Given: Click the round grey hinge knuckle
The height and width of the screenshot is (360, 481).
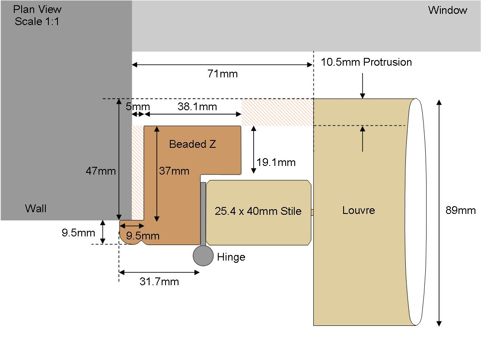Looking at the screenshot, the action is [203, 255].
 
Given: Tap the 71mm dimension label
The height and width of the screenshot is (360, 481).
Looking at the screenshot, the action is [223, 74].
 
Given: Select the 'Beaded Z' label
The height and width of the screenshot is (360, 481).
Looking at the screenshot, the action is [192, 144].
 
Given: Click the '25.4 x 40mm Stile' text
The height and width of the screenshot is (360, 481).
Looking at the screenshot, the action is [258, 211].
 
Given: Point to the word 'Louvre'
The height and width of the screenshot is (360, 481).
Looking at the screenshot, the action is [359, 210].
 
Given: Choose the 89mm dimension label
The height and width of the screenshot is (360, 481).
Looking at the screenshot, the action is [460, 210].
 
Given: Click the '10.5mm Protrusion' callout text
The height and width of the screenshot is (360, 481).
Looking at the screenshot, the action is [366, 62].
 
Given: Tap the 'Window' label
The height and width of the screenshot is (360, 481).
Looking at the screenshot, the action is [448, 10].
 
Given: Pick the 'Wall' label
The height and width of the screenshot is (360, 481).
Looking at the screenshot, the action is [36, 208].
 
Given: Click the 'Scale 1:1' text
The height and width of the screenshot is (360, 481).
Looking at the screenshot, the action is [37, 22].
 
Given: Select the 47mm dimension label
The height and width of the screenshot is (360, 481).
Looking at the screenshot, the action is [101, 171].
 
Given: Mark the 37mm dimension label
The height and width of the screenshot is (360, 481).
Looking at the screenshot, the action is [174, 171].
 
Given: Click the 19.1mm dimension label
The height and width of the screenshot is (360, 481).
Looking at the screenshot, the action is [276, 162].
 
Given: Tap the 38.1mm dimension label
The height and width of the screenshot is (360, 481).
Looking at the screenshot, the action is [197, 106].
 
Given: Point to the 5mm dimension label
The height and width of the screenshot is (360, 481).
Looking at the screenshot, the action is [138, 107].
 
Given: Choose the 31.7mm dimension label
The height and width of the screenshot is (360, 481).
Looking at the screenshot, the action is [159, 281].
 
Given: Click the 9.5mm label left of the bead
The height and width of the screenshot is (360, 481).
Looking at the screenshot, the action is [78, 233].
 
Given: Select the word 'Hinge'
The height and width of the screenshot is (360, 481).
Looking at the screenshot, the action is [231, 257].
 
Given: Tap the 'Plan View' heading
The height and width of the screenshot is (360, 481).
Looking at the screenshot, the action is [37, 9].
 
